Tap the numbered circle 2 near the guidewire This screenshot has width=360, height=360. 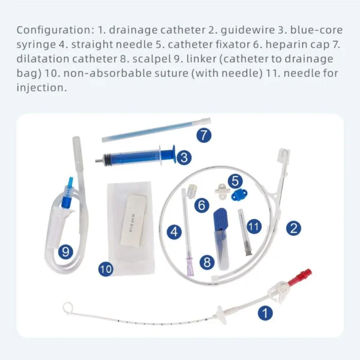(293, 227)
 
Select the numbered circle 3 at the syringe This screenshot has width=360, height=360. (184, 157)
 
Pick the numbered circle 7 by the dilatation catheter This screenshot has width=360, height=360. (205, 134)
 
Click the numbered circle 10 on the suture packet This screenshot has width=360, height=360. (106, 269)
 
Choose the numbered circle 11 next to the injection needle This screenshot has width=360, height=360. (254, 227)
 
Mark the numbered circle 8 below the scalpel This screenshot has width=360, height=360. (208, 262)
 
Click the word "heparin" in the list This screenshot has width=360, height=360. (286, 44)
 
